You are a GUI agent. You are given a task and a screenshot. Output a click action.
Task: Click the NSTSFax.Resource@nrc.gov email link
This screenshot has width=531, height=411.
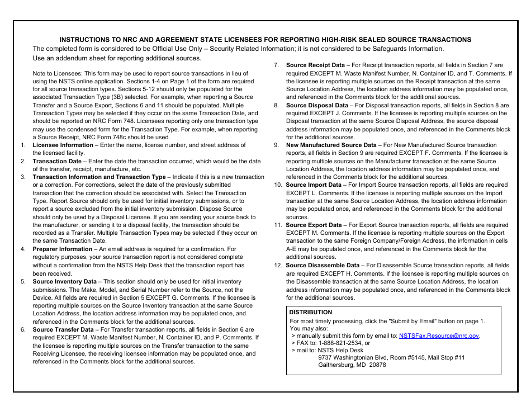(x=439, y=336)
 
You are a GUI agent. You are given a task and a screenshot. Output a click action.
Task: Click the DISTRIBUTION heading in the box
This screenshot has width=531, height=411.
(x=310, y=312)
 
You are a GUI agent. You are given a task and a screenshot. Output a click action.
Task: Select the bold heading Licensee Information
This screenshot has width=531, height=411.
(x=63, y=145)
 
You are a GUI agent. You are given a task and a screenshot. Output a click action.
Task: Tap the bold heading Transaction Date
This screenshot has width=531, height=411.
(x=57, y=161)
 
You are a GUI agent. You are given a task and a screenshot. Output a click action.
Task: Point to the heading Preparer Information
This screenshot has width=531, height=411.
(x=62, y=249)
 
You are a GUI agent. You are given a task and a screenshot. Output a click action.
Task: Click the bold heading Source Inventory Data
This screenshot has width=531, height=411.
(x=64, y=281)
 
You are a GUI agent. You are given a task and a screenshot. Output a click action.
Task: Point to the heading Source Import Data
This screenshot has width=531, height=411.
(x=314, y=185)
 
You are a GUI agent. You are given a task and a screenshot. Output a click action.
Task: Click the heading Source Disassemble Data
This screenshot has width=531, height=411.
(x=323, y=265)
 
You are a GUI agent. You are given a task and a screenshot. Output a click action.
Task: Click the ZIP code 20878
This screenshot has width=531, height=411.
(x=377, y=365)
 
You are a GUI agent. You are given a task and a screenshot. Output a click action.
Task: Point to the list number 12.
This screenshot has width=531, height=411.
(x=277, y=265)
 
